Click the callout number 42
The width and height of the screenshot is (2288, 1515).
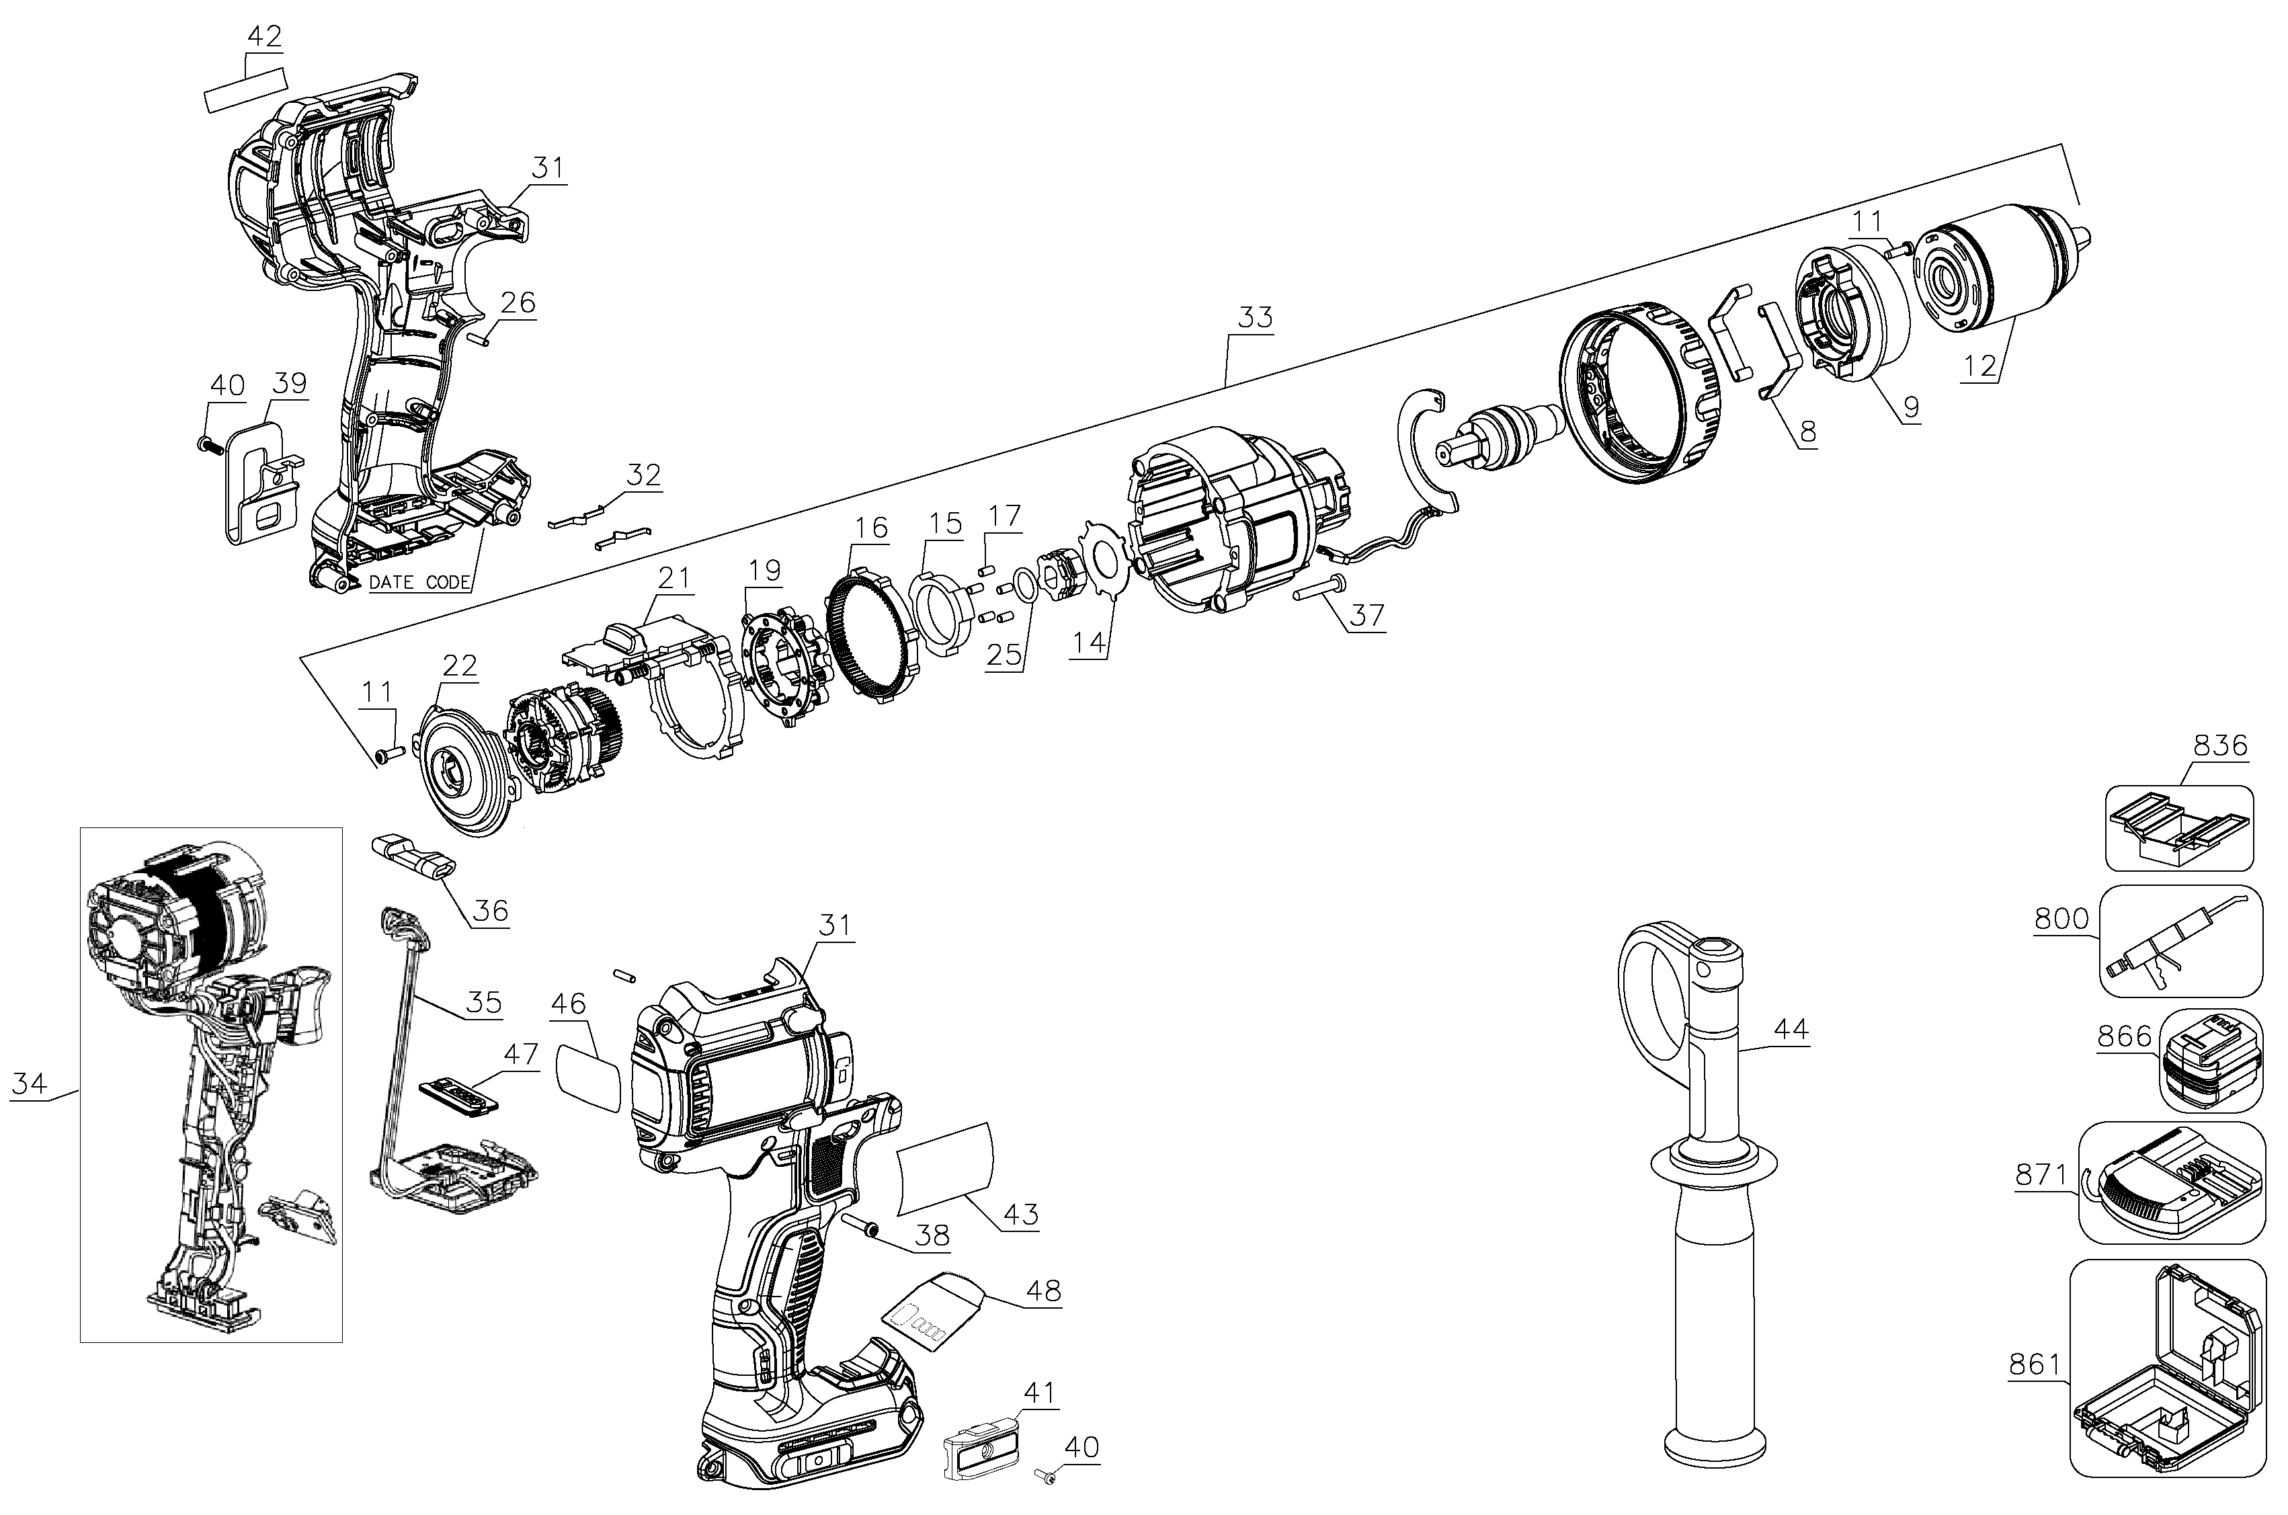click(x=263, y=37)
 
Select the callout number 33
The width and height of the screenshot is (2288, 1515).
click(x=1254, y=317)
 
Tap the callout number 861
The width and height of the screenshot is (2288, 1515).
click(x=2035, y=1365)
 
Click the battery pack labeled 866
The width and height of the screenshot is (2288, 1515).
click(x=2211, y=1060)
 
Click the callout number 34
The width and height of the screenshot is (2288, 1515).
click(x=29, y=1084)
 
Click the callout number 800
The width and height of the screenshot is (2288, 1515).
click(x=2061, y=919)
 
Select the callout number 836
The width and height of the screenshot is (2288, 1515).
click(x=2220, y=746)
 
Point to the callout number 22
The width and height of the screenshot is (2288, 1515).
click(x=460, y=665)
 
